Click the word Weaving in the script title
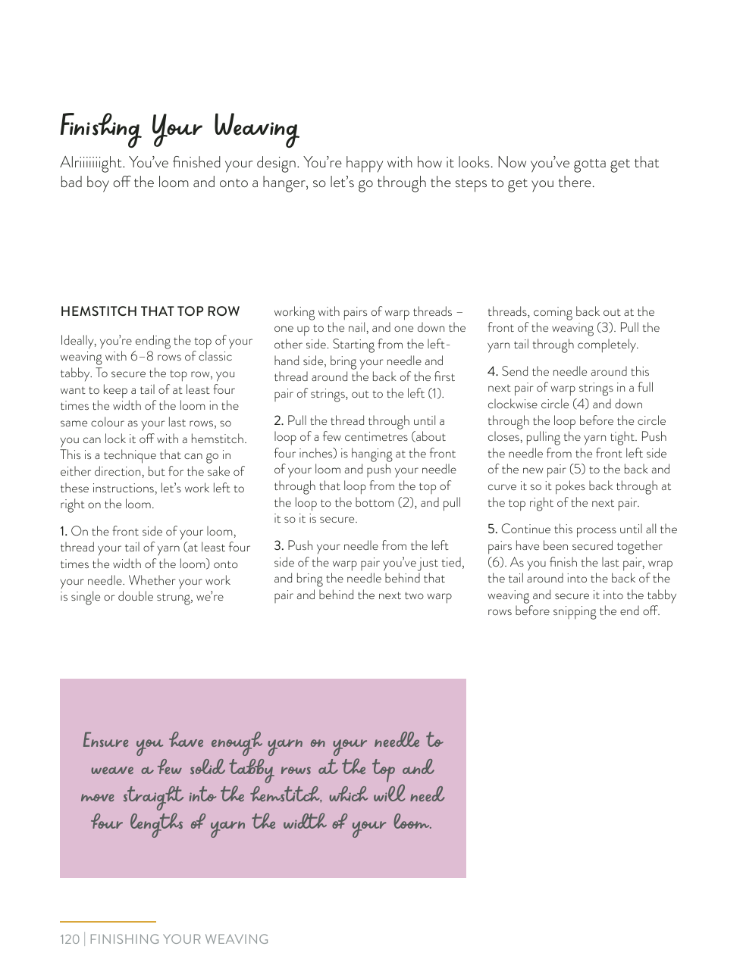[x=256, y=127]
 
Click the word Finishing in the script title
[x=100, y=127]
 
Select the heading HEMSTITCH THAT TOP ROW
[x=150, y=311]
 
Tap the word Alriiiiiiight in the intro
[x=92, y=163]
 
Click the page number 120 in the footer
[x=70, y=939]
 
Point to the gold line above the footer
[x=108, y=922]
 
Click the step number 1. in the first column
[x=64, y=532]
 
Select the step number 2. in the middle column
[x=278, y=421]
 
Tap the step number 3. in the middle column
[x=278, y=546]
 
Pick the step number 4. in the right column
[x=492, y=372]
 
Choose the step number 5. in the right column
[x=492, y=529]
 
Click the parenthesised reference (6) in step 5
[x=496, y=563]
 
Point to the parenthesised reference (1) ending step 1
[x=435, y=394]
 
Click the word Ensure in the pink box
[x=106, y=741]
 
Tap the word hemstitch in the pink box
[x=286, y=795]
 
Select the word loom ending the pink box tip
[x=412, y=823]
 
